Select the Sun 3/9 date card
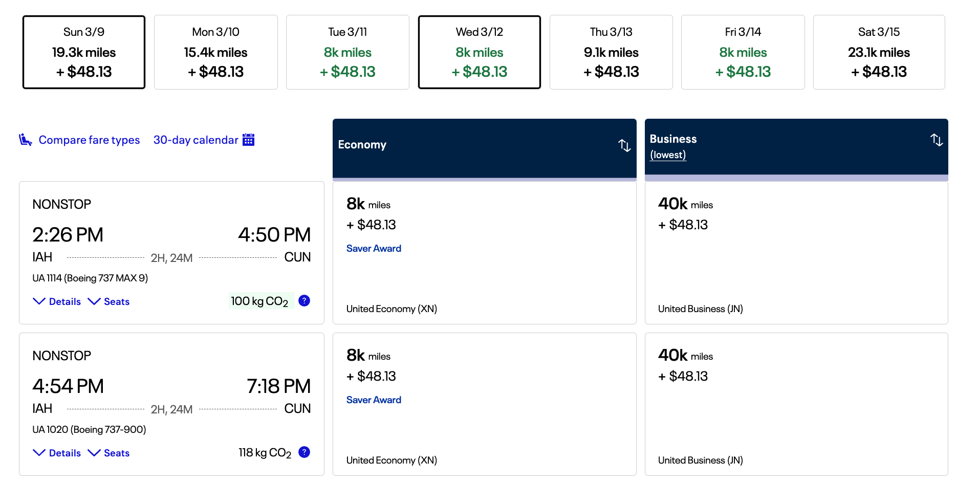pos(84,52)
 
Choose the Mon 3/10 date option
pos(215,52)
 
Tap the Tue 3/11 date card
pos(347,52)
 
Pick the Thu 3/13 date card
pos(611,52)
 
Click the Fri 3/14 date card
pos(743,52)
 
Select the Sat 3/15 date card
pos(879,52)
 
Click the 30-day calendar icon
pos(249,140)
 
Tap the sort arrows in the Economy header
pos(624,145)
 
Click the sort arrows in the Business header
pos(937,140)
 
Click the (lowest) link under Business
pos(668,155)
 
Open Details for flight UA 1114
pos(57,301)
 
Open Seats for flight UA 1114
pos(109,301)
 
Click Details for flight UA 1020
pos(57,453)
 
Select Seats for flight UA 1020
pos(109,453)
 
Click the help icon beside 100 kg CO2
pos(304,301)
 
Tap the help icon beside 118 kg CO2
pos(304,452)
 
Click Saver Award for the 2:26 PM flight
pos(374,248)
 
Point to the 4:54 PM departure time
pos(68,386)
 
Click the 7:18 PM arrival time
pos(278,386)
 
